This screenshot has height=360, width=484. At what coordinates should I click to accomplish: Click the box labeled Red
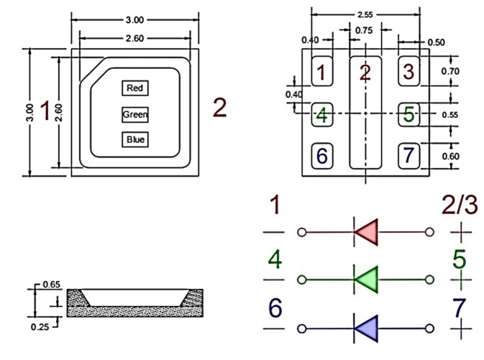(135, 88)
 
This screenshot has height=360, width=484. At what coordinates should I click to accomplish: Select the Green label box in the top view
(135, 114)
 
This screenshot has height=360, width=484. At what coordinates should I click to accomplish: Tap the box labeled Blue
(135, 139)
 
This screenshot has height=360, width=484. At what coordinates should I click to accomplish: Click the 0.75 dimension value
(365, 30)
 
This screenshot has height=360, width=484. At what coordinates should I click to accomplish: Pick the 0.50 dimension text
(436, 42)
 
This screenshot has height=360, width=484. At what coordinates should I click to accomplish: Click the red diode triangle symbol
(366, 232)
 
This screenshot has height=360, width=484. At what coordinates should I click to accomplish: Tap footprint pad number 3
(409, 72)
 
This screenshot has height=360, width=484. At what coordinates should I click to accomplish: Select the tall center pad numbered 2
(365, 111)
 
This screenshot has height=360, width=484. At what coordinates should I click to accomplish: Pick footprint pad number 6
(322, 155)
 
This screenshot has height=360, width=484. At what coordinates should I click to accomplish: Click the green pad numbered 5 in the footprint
(409, 114)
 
